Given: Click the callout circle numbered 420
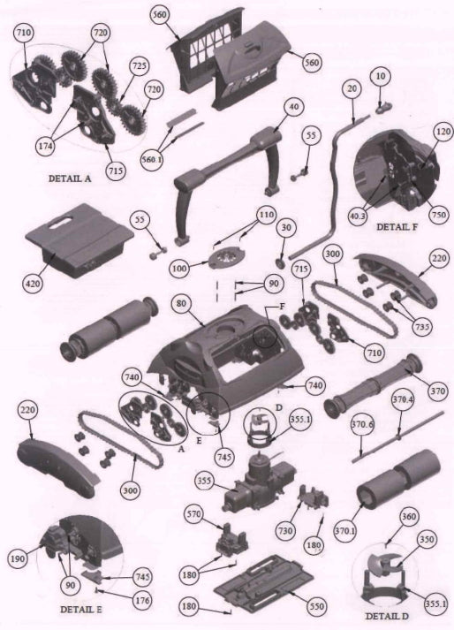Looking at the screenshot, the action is click(33, 284).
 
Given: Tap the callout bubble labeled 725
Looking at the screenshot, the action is click(139, 65).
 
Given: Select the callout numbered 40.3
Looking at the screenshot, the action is click(358, 216).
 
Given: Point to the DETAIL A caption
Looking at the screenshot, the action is click(70, 178).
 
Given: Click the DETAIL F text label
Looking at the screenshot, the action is click(397, 226).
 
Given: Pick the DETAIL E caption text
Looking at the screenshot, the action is click(80, 610).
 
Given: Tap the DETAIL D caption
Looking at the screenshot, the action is click(387, 616).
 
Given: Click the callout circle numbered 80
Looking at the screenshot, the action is click(182, 303).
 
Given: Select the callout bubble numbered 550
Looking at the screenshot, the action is click(316, 606).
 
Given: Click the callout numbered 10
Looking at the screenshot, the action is click(381, 76).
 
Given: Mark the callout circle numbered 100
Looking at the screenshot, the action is click(179, 269).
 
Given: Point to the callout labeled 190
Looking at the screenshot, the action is click(18, 558).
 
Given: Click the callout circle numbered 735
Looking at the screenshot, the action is click(422, 326).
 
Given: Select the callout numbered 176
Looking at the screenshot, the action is click(142, 601).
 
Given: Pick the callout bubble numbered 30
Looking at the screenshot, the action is click(285, 227).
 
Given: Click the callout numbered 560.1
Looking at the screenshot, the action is click(152, 160).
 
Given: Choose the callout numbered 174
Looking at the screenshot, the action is click(45, 147).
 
